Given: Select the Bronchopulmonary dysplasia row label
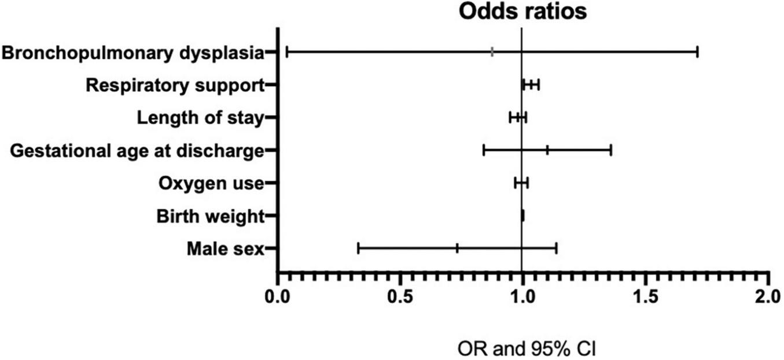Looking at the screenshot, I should click(132, 53).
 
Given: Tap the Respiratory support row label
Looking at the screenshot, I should click(175, 85).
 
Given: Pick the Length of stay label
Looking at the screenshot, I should click(200, 117).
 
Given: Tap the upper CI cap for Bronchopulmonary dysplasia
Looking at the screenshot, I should click(697, 52).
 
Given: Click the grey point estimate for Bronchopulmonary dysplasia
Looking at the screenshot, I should click(492, 52).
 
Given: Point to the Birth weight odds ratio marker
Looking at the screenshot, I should click(522, 216).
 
